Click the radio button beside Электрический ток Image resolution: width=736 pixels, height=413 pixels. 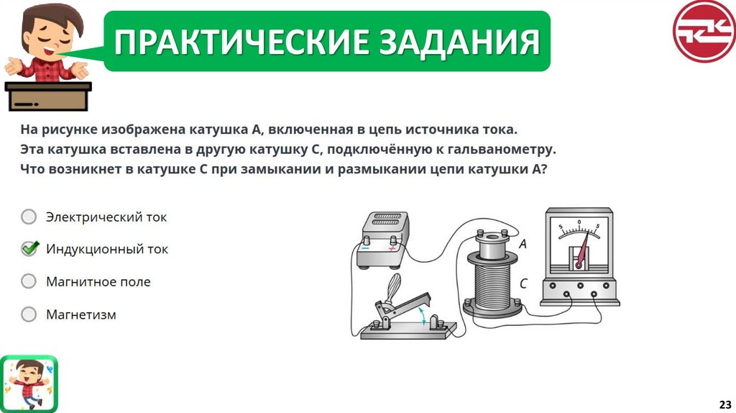(x=29, y=217)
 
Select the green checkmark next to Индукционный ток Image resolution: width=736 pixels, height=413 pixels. (x=29, y=248)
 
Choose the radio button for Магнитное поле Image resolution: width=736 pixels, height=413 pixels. (x=29, y=281)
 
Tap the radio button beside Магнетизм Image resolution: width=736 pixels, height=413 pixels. (x=29, y=314)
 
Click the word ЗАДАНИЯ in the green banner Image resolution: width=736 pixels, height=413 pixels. (x=459, y=41)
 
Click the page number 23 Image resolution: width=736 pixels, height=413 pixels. (x=725, y=404)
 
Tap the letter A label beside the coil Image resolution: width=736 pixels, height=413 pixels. (x=523, y=244)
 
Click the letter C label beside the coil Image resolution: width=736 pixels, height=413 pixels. (x=523, y=283)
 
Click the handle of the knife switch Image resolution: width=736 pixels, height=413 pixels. (x=393, y=287)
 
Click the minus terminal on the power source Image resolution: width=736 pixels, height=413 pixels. (x=366, y=247)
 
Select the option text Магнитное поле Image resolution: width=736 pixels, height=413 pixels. (x=98, y=281)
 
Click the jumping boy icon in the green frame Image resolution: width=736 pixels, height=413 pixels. (x=29, y=383)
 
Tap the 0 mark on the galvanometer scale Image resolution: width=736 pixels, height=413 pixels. (x=579, y=222)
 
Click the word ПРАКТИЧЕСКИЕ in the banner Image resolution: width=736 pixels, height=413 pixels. (x=243, y=41)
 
